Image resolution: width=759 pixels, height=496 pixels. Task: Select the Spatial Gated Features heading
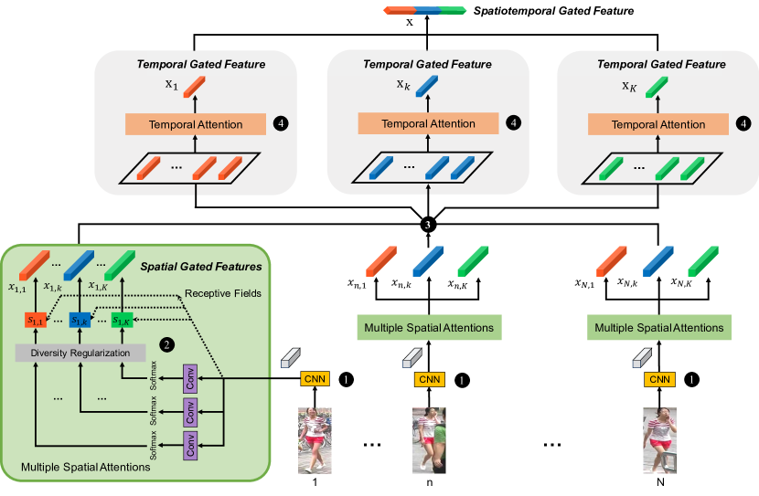point(201,267)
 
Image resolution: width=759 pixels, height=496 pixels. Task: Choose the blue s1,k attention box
point(80,320)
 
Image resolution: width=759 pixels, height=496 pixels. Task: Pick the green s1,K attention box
point(122,320)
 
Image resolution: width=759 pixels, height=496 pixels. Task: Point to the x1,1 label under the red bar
point(17,287)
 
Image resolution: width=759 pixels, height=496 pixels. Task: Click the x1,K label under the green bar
point(100,287)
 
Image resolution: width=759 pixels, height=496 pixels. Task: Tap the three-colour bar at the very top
point(425,11)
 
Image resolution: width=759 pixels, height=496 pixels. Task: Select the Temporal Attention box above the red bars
point(197,124)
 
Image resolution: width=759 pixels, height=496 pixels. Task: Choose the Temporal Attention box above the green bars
point(657,124)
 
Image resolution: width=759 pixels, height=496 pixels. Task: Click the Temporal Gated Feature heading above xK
point(661,65)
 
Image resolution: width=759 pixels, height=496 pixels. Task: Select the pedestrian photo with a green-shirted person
point(429,440)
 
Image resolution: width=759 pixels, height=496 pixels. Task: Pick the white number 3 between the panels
point(427,226)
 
